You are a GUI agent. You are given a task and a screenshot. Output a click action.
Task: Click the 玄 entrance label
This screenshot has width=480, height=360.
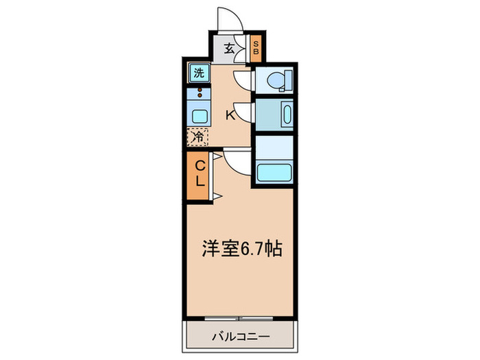tap(229, 49)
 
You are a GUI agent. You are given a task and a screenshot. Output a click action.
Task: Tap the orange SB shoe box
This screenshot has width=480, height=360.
tap(256, 49)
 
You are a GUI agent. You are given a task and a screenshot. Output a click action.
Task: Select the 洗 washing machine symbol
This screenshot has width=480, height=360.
tap(199, 73)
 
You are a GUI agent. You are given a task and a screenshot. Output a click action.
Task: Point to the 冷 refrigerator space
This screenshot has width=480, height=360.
tap(197, 137)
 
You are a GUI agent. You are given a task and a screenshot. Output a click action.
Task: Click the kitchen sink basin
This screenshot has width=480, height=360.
tap(200, 117)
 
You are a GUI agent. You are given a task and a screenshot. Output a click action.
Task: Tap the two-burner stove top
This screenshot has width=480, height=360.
tap(199, 93)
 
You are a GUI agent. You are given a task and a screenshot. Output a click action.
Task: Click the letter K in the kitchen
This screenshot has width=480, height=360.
tap(230, 115)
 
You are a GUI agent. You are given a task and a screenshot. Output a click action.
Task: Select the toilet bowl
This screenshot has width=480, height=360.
tap(276, 80)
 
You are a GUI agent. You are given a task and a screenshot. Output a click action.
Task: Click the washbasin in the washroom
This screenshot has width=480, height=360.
tap(287, 115)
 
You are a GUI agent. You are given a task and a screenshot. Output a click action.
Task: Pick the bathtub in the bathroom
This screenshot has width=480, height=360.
tap(274, 173)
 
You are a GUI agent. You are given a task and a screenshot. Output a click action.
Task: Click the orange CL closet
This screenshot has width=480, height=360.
tap(197, 176)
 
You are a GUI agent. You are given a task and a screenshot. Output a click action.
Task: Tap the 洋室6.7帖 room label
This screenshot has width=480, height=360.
tap(242, 248)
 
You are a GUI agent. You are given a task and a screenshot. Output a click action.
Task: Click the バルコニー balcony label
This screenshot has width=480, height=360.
tap(241, 337)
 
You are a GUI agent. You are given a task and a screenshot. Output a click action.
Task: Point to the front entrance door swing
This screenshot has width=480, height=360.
tap(230, 19)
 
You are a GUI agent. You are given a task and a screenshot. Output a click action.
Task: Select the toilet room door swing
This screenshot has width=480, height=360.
tap(244, 80)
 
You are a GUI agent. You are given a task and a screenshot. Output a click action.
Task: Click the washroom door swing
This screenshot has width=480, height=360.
tap(244, 112)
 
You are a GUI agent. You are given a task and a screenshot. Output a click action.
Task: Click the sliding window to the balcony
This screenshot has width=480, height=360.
tap(239, 318)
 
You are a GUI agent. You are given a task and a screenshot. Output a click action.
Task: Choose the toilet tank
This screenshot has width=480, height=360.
tap(289, 80)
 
